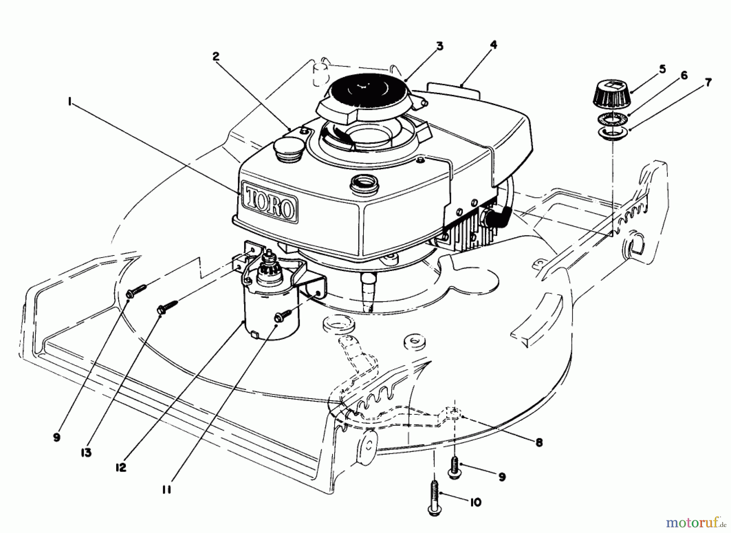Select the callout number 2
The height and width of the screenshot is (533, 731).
point(216,56)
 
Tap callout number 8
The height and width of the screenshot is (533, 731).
point(539,442)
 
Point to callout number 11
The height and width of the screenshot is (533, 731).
point(167,490)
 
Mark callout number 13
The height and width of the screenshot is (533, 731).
point(85,453)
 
